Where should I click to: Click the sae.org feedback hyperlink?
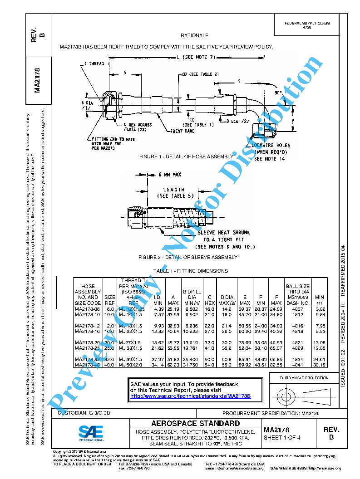(x=190, y=396)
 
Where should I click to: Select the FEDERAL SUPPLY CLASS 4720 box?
(x=307, y=25)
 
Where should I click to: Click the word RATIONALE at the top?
(x=194, y=35)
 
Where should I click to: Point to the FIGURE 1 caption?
(x=186, y=156)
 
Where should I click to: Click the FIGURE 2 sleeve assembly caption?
(x=187, y=257)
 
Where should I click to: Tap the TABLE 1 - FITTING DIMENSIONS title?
(x=190, y=271)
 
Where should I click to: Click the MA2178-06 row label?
(x=88, y=309)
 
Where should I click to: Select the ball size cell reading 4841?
(x=297, y=365)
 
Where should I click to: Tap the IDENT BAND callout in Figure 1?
(x=183, y=131)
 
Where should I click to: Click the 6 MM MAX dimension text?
(x=170, y=175)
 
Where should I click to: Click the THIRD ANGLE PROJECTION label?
(x=304, y=378)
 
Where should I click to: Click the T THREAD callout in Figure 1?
(x=94, y=64)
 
